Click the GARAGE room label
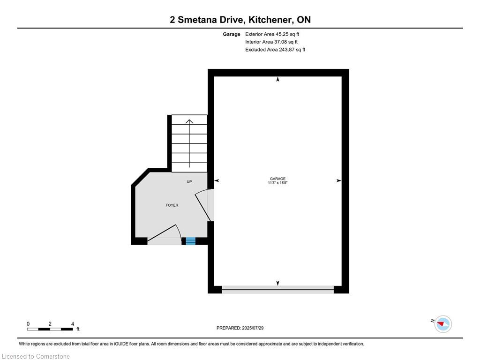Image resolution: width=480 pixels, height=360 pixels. tap(277, 179)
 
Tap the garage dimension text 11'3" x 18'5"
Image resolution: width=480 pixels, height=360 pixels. tap(277, 183)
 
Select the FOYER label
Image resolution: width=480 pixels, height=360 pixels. tap(172, 205)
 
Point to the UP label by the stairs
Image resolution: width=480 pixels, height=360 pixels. tap(189, 182)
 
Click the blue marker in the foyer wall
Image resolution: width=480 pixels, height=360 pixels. tap(190, 241)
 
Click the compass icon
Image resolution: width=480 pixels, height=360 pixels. tap(443, 324)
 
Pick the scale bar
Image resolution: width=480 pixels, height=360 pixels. tap(50, 329)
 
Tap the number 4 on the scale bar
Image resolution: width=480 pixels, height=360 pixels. tap(73, 324)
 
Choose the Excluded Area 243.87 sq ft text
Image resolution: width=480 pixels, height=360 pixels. tap(275, 50)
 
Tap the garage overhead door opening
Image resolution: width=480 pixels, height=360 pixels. tap(277, 290)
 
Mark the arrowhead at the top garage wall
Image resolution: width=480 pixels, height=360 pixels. tap(278, 80)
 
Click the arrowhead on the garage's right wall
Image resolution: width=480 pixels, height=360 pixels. tap(338, 180)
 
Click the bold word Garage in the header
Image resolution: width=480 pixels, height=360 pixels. tap(232, 34)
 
